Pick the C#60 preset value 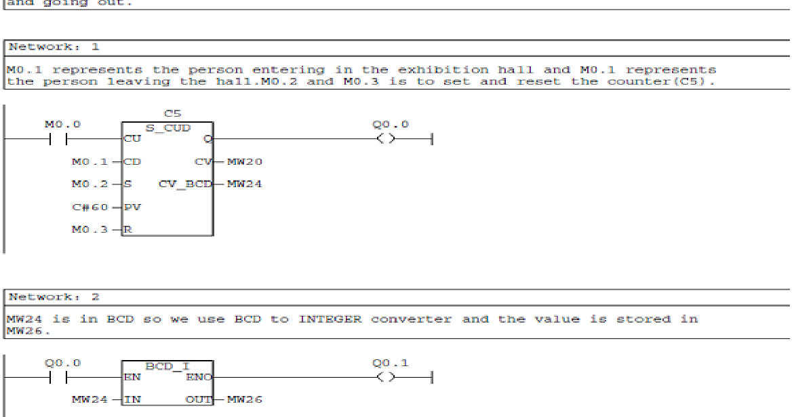click(x=85, y=207)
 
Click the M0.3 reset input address click(x=85, y=230)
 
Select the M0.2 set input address click(x=85, y=184)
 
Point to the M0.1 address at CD click(x=85, y=161)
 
